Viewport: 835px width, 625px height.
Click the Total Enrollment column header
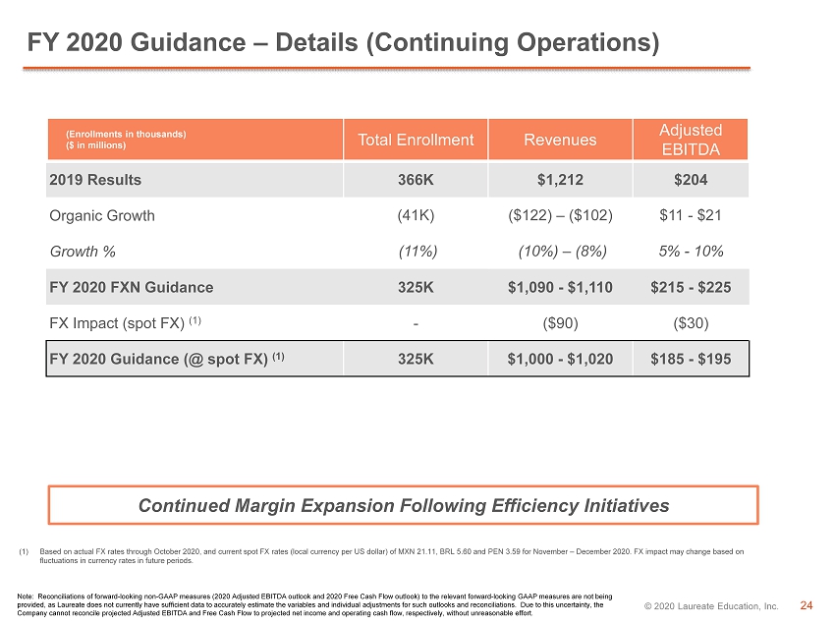point(416,140)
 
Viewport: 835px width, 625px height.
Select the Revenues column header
point(560,140)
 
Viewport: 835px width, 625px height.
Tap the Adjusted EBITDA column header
point(691,140)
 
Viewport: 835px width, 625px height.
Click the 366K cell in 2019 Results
point(416,180)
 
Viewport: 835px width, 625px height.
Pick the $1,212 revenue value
point(560,180)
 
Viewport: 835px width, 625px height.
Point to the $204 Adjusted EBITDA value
point(691,180)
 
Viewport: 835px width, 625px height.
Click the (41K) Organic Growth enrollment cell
point(416,215)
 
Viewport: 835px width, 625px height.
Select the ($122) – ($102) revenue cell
point(560,215)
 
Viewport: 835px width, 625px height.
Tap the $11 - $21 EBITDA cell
point(691,215)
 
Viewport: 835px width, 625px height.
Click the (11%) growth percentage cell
point(418,251)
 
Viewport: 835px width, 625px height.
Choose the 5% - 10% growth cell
point(692,251)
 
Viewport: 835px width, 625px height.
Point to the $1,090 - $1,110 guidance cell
point(560,287)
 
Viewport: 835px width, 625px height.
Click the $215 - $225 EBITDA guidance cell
point(691,287)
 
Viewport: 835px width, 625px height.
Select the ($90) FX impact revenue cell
point(560,323)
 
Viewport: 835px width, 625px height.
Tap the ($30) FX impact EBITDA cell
point(691,323)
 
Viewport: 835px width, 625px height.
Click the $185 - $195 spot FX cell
point(691,359)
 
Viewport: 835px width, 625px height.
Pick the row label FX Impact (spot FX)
point(125,322)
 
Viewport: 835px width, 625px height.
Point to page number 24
point(807,605)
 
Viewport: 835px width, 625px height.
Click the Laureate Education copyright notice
point(711,605)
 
